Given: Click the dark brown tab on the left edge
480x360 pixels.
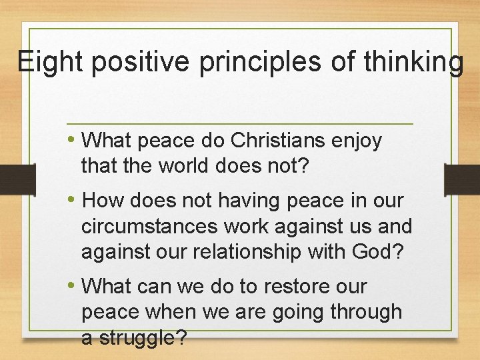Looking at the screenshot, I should pyautogui.click(x=17, y=178).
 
